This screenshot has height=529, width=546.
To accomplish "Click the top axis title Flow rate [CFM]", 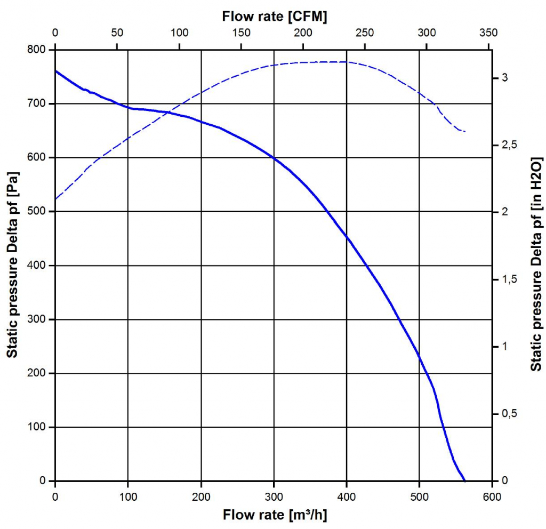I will (x=274, y=17).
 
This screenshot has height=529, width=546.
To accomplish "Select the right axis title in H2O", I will (x=537, y=264).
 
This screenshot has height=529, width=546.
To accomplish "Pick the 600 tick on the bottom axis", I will (x=492, y=497).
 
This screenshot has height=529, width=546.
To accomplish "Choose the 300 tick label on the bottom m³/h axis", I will (x=274, y=497).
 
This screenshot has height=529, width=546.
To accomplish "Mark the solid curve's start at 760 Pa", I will (x=56, y=71).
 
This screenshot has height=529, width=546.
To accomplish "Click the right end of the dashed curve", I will (x=465, y=131).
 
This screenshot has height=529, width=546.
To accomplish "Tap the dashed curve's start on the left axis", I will (x=56, y=199).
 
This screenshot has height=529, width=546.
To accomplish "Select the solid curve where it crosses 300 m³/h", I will (x=274, y=158).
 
